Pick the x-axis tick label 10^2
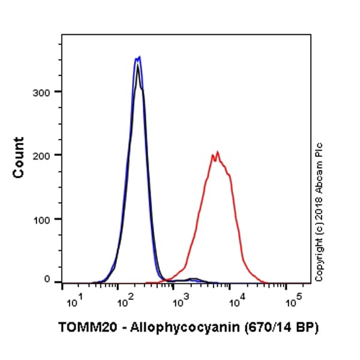124,302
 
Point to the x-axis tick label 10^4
237,302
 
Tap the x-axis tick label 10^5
293,302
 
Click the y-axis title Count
19,157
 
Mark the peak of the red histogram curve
217,152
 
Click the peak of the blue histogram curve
139,58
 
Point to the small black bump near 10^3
193,279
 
